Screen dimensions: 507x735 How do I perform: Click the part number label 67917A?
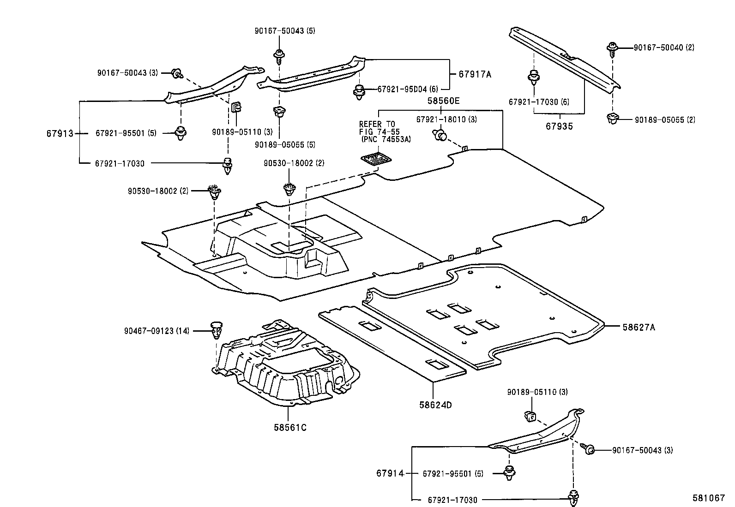475,74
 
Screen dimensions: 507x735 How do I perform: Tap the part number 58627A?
639,328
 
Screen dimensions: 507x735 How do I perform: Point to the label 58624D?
435,405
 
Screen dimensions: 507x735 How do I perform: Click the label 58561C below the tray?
290,427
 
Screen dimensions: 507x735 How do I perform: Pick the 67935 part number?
559,126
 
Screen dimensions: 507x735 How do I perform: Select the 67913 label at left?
60,134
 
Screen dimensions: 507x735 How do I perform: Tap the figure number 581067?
708,498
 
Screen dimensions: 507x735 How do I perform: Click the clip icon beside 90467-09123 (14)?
216,330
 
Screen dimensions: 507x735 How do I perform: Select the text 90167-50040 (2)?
663,48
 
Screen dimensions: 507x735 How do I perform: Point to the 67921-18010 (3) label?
446,119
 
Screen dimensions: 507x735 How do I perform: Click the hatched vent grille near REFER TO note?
376,159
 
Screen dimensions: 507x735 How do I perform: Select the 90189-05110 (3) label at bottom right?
537,392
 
